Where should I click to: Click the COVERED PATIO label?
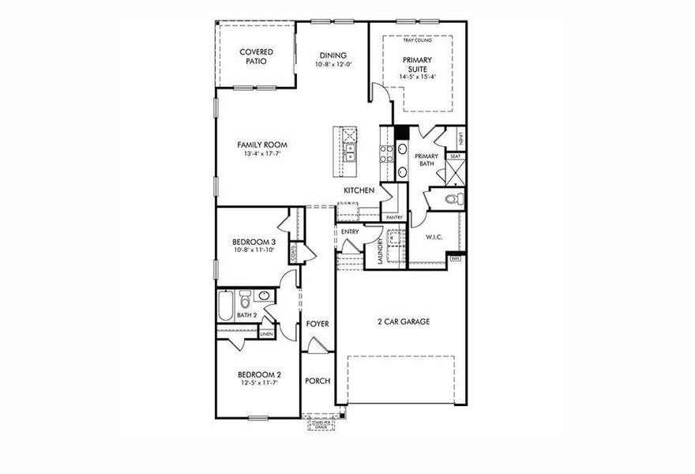click(x=256, y=56)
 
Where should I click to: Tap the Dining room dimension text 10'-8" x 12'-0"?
click(x=332, y=64)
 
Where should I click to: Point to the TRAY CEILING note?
click(x=417, y=39)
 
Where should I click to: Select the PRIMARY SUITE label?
click(x=417, y=64)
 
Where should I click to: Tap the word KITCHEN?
click(x=359, y=190)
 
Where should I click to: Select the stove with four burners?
click(x=388, y=150)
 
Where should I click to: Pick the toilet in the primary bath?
click(x=451, y=199)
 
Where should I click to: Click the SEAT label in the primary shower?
click(x=455, y=156)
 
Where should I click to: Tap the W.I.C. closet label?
click(x=433, y=236)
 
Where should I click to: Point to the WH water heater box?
click(x=455, y=258)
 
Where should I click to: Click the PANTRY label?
click(x=393, y=216)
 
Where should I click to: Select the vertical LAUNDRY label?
click(x=381, y=251)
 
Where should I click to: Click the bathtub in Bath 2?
click(x=226, y=307)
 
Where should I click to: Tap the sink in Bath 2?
click(x=263, y=296)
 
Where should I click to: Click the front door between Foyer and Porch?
click(x=316, y=345)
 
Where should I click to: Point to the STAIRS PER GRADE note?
click(x=321, y=424)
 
